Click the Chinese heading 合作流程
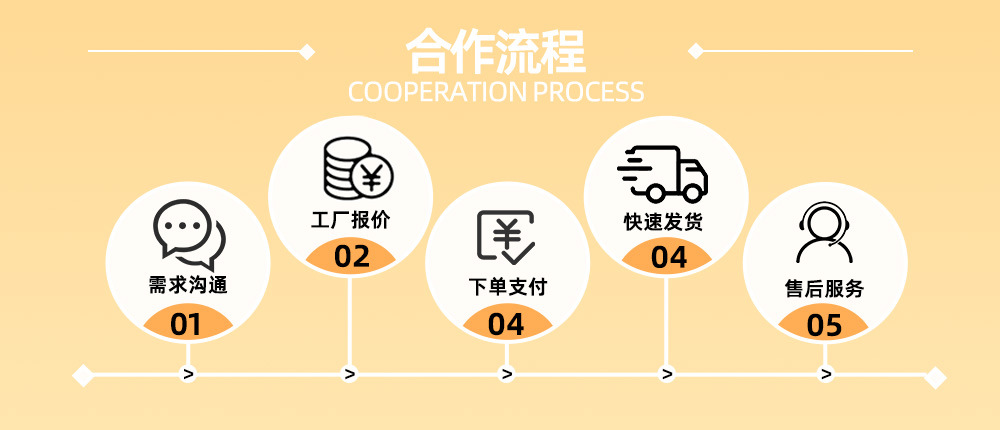tap(496, 52)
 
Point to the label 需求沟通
tap(188, 285)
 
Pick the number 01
tap(186, 325)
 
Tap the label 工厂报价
tap(350, 221)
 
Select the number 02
tap(352, 256)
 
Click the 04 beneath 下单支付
tap(506, 324)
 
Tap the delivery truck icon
tap(662, 174)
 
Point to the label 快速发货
tap(663, 222)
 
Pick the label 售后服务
tap(824, 289)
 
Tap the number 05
tap(825, 325)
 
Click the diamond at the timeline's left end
tap(83, 375)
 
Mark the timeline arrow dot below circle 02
tap(349, 374)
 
